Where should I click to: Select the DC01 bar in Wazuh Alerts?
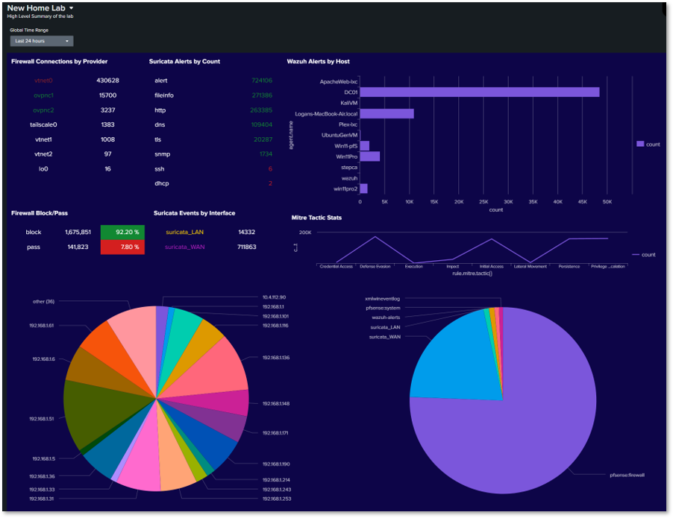[x=479, y=92]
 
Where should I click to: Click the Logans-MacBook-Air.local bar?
[x=386, y=113]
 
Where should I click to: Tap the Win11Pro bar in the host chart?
[x=369, y=157]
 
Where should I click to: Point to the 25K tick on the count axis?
[x=483, y=201]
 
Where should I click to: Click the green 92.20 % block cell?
[x=122, y=232]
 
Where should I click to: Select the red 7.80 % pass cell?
[x=122, y=247]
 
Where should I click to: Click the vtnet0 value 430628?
[x=107, y=80]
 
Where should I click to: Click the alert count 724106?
[x=262, y=80]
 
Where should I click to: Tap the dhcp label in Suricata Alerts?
[x=161, y=183]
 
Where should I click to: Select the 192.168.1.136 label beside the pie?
[x=276, y=358]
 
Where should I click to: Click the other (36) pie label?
[x=44, y=302]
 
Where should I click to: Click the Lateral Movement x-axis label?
[x=530, y=266]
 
